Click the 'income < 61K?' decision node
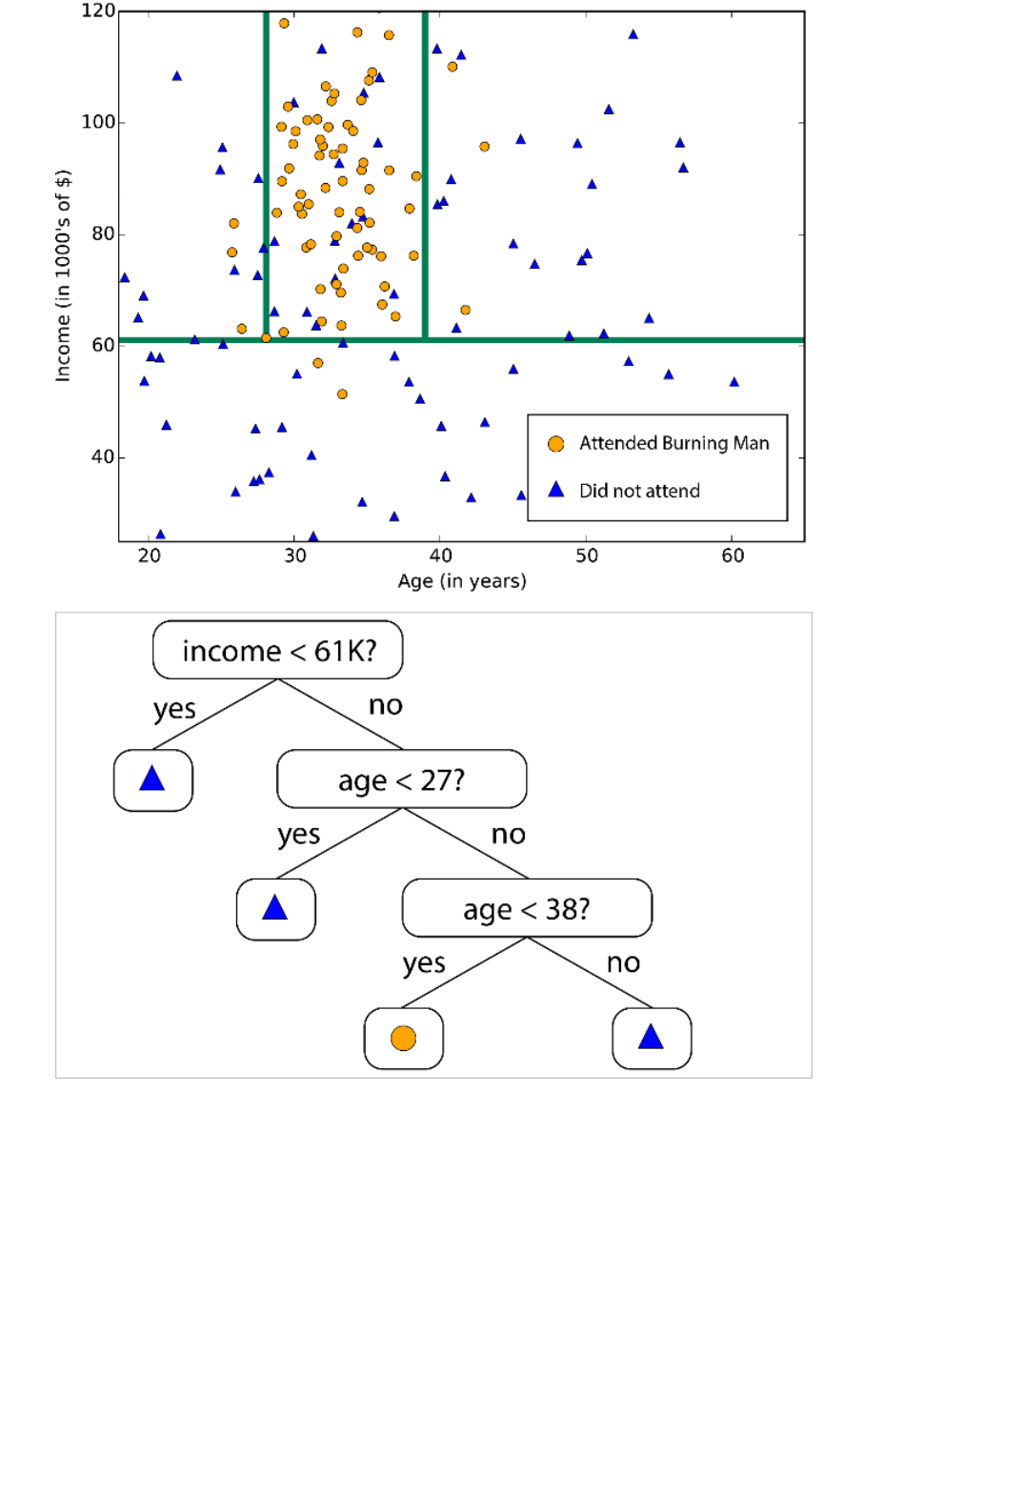click(277, 651)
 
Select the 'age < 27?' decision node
click(401, 779)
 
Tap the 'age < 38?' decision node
click(527, 909)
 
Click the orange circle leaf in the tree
click(403, 1038)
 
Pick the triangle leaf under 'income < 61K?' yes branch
click(152, 779)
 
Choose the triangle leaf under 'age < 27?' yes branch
click(275, 908)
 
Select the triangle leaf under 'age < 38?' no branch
click(652, 1038)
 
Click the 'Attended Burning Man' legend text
click(673, 443)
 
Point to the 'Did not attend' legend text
click(639, 491)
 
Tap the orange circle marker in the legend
click(556, 444)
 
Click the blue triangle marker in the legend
click(556, 490)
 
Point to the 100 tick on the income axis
click(98, 122)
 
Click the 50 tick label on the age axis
click(587, 556)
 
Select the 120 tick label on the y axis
click(98, 11)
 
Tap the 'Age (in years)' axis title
click(462, 581)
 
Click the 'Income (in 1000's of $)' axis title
click(63, 275)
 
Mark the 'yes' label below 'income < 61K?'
click(174, 709)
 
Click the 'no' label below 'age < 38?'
click(623, 962)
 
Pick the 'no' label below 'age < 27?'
click(508, 835)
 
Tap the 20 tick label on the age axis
click(150, 556)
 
